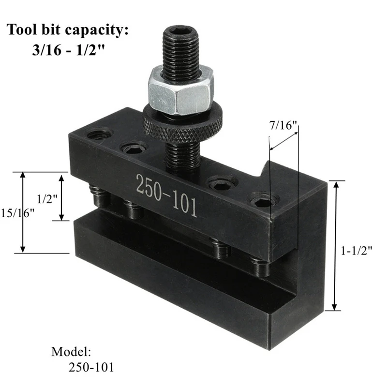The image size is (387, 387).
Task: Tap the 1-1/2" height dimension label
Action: (357, 251)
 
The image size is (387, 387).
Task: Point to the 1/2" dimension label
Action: (46, 198)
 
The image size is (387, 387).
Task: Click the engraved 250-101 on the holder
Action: (166, 195)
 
